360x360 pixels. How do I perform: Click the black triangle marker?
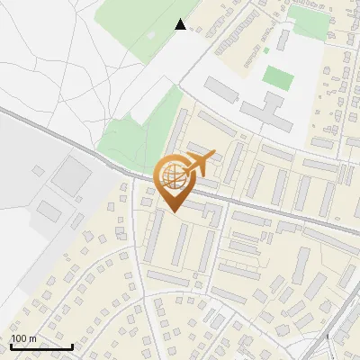point(181,24)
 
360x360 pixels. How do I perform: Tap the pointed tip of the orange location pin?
point(172,211)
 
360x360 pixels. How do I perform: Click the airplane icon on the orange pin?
point(200,163)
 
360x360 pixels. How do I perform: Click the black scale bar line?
point(41,346)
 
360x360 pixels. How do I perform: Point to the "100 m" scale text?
point(24,338)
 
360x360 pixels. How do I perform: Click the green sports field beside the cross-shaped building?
point(278,77)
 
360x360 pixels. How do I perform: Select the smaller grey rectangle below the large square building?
point(49,212)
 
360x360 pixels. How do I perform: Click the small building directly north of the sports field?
point(283,40)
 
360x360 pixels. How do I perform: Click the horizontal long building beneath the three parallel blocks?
point(168,279)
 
